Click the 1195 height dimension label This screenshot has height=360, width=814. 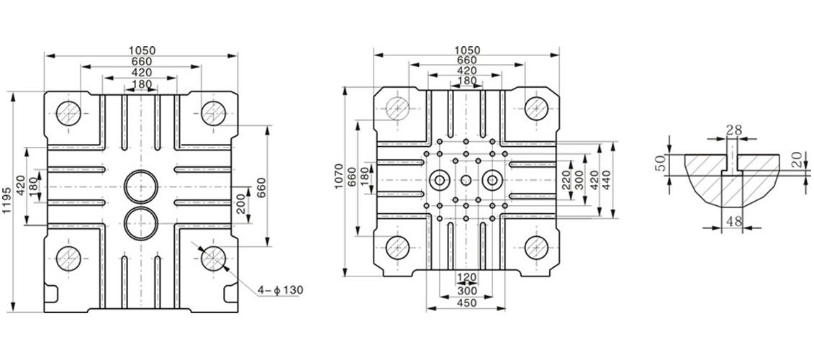6,202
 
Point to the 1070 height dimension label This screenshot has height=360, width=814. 339,176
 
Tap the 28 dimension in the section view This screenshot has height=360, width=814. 734,130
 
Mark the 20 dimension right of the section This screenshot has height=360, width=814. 799,161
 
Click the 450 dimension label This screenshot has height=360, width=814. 466,303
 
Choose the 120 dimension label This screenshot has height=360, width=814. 466,277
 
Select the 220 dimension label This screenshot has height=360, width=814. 565,180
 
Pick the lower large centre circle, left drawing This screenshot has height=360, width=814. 141,223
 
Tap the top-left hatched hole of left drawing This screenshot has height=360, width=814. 68,113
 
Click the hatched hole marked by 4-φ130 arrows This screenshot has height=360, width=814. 213,258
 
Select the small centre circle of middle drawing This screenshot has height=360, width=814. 466,180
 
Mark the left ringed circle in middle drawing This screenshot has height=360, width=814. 440,180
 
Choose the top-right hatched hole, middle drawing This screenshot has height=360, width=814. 536,108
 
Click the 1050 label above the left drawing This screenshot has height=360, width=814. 143,50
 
